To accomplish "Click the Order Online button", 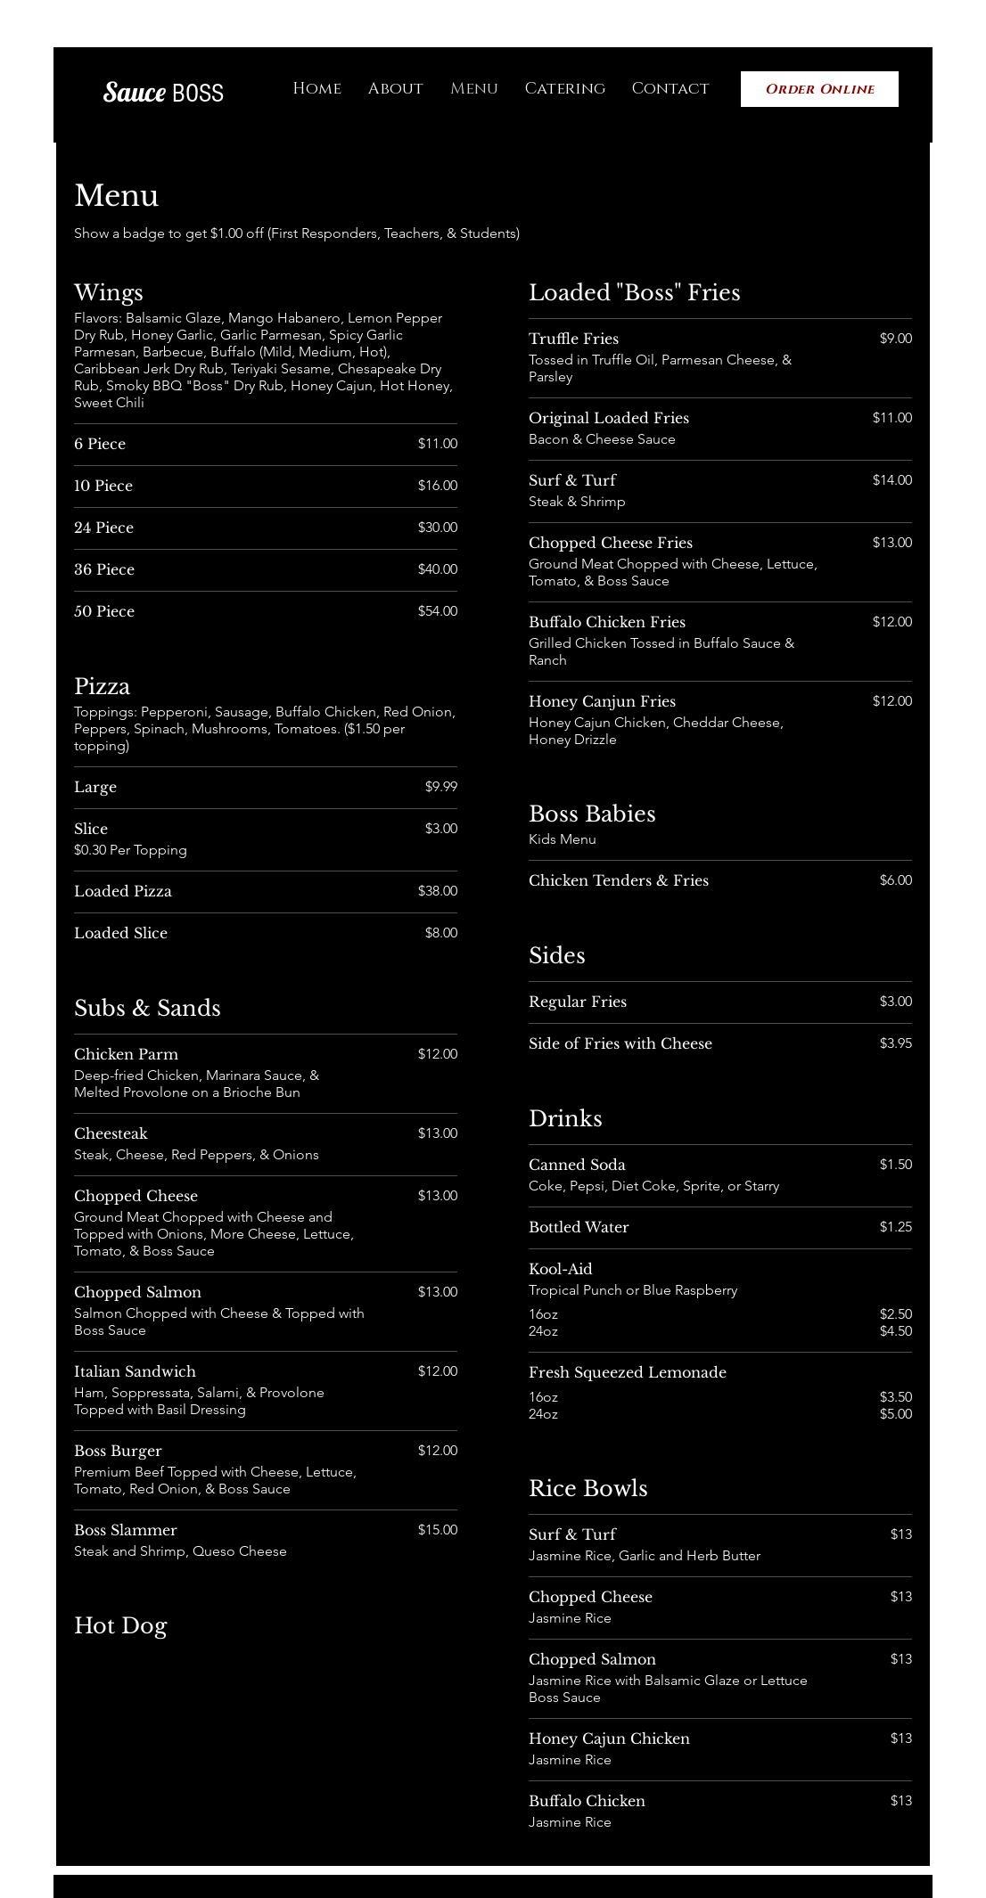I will [819, 89].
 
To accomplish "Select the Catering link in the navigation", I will [564, 88].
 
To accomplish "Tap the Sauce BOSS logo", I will [163, 92].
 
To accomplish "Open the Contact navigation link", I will [670, 88].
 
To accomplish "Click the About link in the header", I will [395, 88].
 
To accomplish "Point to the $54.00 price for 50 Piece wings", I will [437, 611].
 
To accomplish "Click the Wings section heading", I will [109, 292].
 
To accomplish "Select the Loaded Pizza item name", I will [123, 891].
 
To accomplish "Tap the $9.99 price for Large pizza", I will [440, 787].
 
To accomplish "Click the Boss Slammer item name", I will [126, 1530].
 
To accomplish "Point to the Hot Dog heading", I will [120, 1625].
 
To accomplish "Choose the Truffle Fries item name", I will [573, 339].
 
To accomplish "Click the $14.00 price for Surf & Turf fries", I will [892, 480].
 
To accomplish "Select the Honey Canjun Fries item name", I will [602, 701].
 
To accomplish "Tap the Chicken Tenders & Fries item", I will [619, 880].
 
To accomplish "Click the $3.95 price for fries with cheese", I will [895, 1043].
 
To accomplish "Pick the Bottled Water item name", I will [579, 1227].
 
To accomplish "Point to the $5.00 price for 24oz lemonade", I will [895, 1414].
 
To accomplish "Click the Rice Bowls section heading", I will [587, 1488].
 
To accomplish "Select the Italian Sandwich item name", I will [135, 1371].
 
